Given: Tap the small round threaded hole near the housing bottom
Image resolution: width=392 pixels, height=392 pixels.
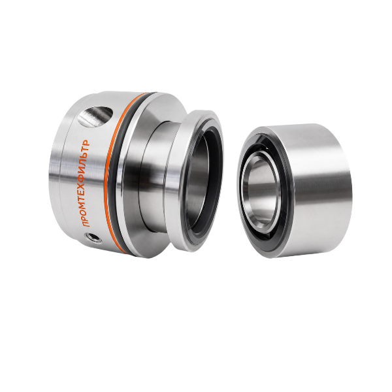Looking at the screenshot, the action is click(x=93, y=238).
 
